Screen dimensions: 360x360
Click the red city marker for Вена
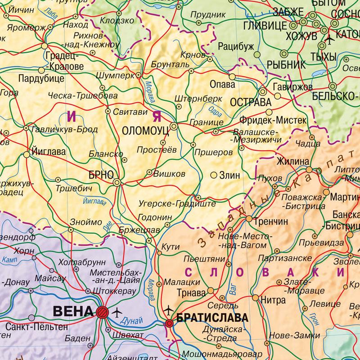pyautogui.click(x=102, y=311)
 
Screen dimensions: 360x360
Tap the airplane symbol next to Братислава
pyautogui.click(x=169, y=310)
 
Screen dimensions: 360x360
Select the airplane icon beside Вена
pyautogui.click(x=117, y=311)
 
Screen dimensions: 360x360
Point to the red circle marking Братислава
pyautogui.click(x=169, y=323)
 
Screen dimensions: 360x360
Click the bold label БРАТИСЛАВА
pyautogui.click(x=213, y=318)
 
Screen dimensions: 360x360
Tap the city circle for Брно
pyautogui.click(x=117, y=182)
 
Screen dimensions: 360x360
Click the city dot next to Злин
pyautogui.click(x=214, y=175)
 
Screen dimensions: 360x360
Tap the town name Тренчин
pyautogui.click(x=270, y=222)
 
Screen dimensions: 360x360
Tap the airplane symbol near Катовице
pyautogui.click(x=328, y=40)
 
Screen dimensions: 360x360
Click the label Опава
pyautogui.click(x=222, y=84)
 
